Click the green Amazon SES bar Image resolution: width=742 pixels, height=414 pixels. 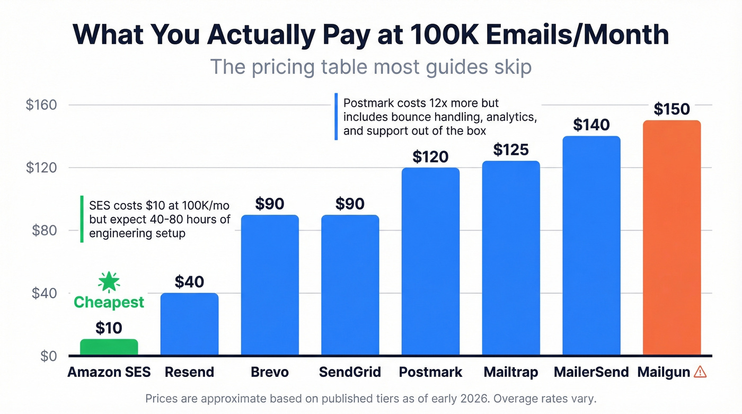click(109, 347)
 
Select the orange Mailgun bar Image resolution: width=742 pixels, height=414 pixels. click(672, 239)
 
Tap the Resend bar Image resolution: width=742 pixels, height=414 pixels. click(189, 324)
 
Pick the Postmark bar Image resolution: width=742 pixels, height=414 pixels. click(430, 262)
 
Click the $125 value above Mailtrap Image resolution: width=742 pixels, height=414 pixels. click(511, 150)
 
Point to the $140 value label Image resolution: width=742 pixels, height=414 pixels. click(591, 125)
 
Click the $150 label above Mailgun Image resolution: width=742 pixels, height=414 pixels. click(672, 109)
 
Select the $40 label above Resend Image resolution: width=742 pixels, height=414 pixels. click(189, 281)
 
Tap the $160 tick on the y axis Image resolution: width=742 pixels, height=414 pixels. click(41, 105)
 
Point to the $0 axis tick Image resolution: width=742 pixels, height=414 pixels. click(48, 356)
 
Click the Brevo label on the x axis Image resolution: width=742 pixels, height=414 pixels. click(270, 372)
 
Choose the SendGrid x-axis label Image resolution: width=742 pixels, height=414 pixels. click(350, 372)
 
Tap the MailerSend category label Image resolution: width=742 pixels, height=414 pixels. click(591, 372)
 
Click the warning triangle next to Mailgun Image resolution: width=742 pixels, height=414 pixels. click(700, 372)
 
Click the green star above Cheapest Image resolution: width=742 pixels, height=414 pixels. click(109, 282)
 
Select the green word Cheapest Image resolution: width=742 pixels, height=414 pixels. click(109, 302)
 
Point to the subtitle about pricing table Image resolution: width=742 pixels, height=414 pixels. click(370, 67)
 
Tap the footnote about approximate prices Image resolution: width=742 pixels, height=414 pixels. click(370, 398)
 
